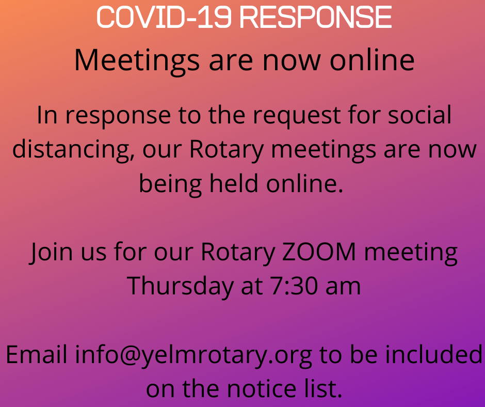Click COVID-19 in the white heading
[x=164, y=18]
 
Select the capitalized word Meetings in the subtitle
[x=137, y=61]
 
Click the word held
[x=234, y=183]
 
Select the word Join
[x=52, y=253]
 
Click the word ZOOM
[x=319, y=252]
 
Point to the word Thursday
[x=180, y=287]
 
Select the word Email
[x=37, y=354]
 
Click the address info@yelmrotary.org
[x=193, y=355]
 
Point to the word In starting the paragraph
[x=47, y=115]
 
